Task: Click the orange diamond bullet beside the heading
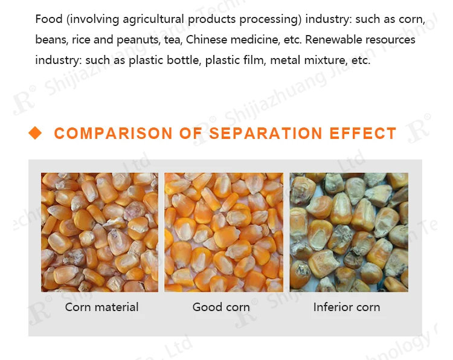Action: pos(36,133)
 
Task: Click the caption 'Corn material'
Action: pos(101,307)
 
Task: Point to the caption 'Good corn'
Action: pos(221,307)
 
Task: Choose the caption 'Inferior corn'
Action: pos(347,307)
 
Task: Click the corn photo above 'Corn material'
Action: pos(100,232)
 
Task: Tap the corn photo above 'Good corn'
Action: pos(224,232)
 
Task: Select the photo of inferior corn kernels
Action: pos(349,232)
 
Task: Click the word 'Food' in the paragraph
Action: pos(49,19)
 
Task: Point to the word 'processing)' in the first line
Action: pos(271,19)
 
